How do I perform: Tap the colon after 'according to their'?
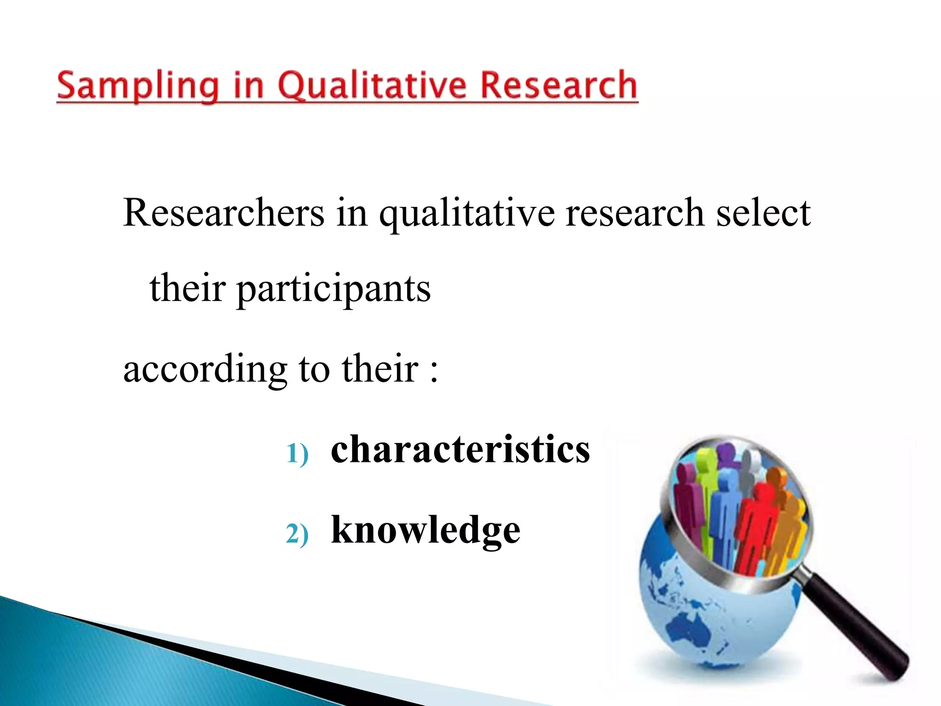point(434,370)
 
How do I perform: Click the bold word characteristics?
point(460,449)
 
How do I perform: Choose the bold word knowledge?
point(425,530)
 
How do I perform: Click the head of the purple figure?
point(725,450)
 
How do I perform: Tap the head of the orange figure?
point(777,476)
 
